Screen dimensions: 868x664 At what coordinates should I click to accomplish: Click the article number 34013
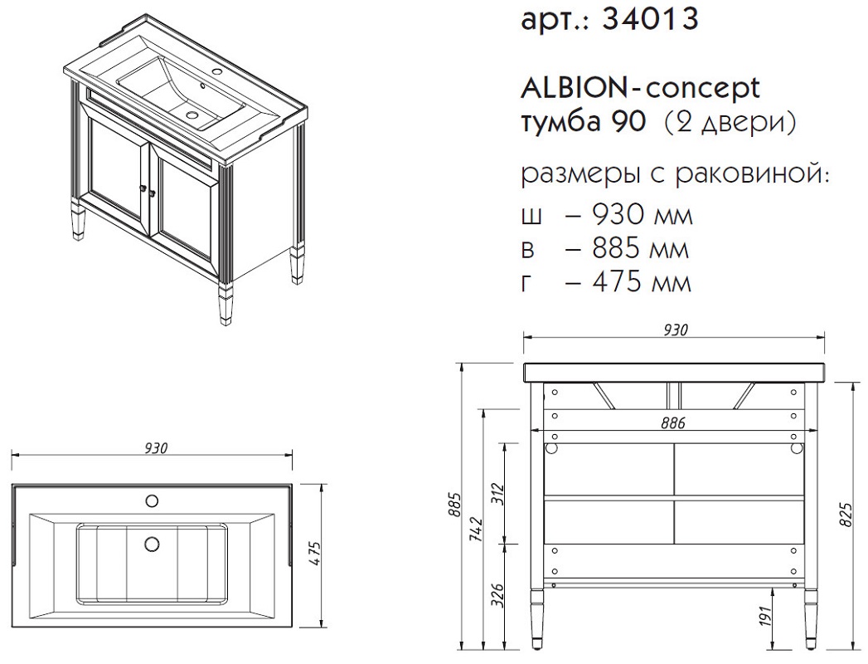coord(650,18)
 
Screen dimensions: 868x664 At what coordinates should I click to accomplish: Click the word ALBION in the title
coord(572,89)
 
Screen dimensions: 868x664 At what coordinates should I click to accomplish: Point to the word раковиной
coord(753,174)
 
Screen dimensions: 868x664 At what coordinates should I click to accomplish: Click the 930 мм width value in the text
coord(643,213)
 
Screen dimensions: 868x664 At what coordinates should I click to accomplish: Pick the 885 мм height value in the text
coord(641,248)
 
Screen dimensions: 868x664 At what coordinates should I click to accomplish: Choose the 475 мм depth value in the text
coord(642,282)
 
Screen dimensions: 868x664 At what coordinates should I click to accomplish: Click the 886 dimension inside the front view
coord(672,423)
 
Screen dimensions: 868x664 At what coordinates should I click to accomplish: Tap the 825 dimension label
coord(846,515)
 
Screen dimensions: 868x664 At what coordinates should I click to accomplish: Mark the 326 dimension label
coord(497,596)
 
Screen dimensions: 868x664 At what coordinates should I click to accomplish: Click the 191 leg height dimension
coord(764,616)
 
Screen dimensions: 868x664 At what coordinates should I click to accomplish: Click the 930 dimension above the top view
coord(156,448)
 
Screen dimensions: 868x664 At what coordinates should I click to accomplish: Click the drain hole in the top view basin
coord(151,544)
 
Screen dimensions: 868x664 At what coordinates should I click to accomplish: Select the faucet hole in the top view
coord(151,501)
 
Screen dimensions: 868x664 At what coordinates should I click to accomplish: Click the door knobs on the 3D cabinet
coord(148,191)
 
